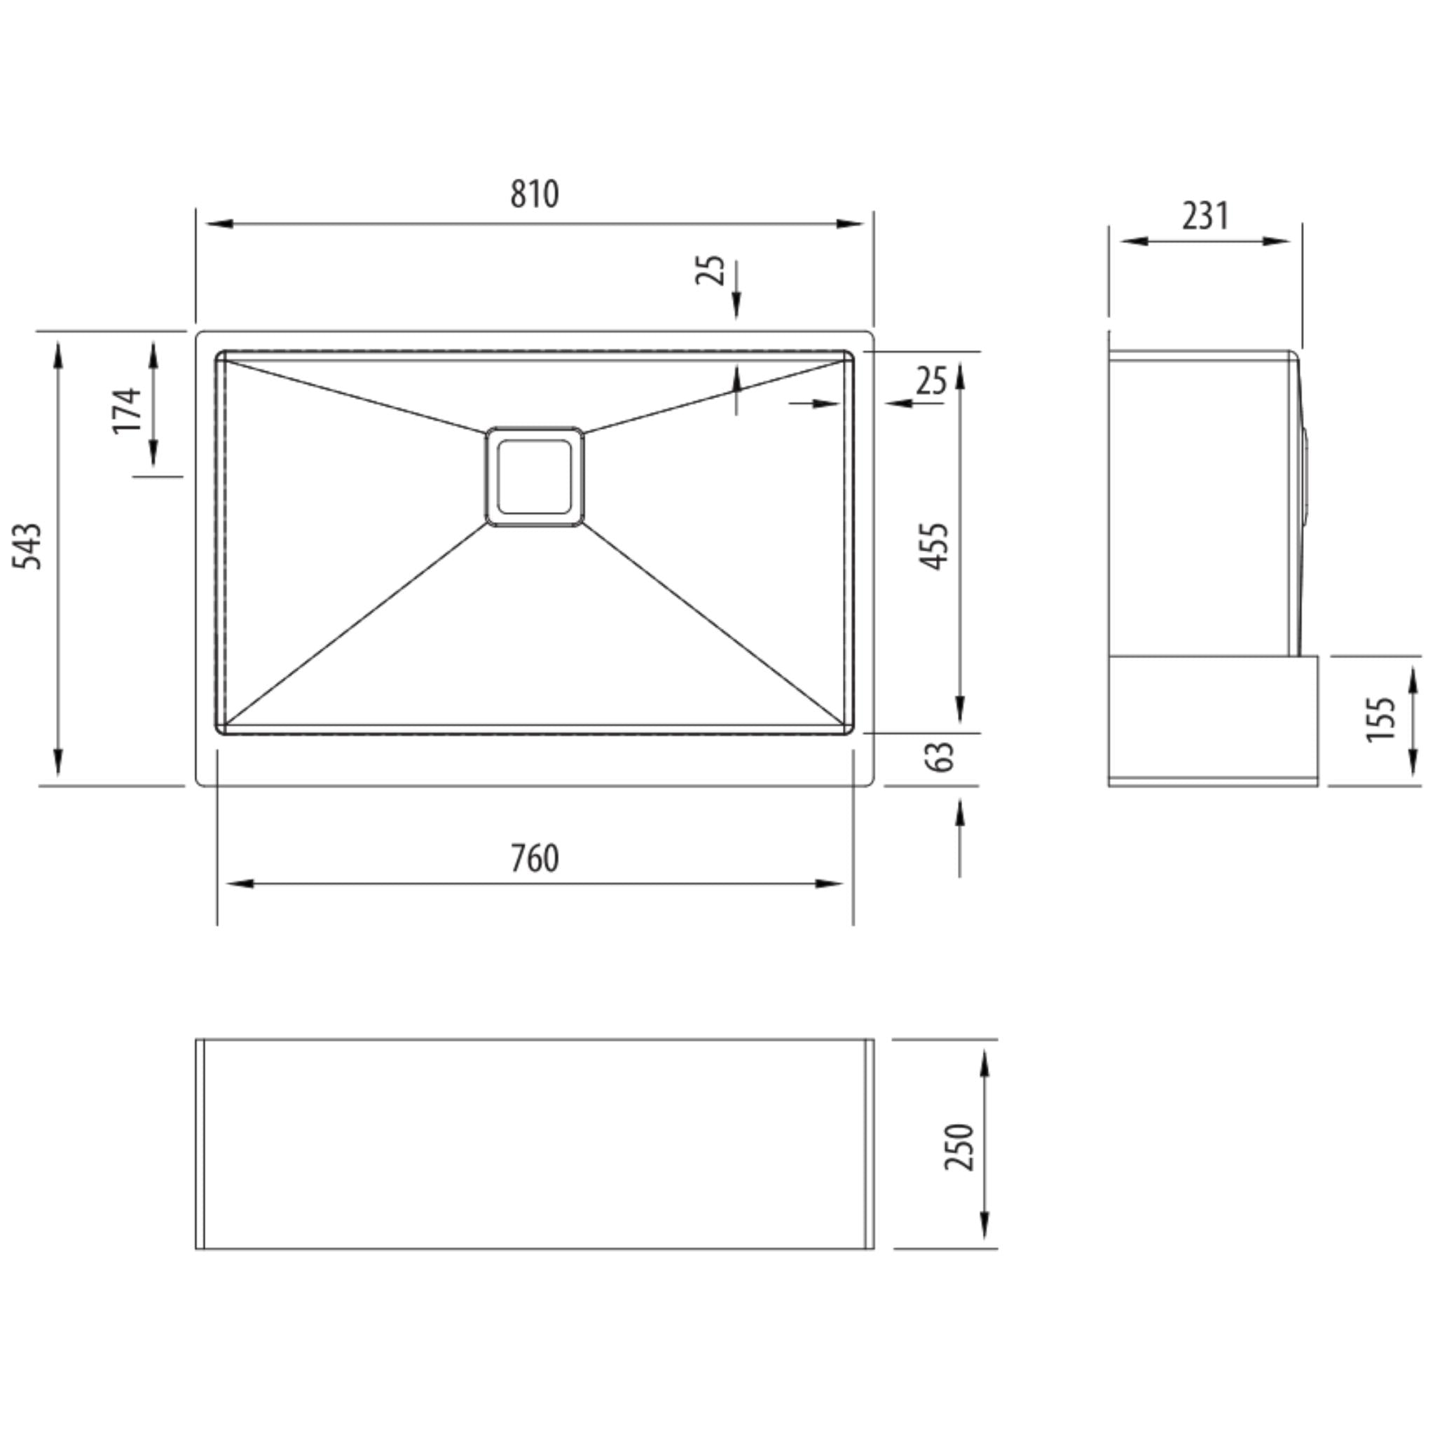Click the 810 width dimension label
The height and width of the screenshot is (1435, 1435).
[x=534, y=194]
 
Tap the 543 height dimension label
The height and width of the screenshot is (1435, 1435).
[x=29, y=547]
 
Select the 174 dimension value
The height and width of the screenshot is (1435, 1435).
[x=127, y=410]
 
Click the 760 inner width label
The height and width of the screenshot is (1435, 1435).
[x=534, y=858]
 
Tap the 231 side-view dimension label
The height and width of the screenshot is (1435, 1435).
[x=1205, y=216]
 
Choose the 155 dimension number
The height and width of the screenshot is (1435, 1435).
[x=1381, y=718]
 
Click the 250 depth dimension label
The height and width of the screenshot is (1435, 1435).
[x=959, y=1147]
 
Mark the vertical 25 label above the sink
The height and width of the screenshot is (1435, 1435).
[x=710, y=270]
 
